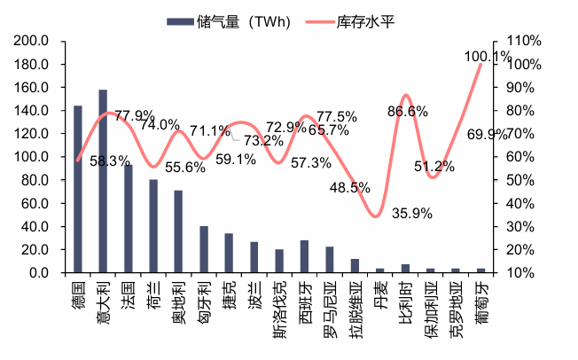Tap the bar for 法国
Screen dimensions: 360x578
[129, 217]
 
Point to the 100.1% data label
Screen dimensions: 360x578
[487, 57]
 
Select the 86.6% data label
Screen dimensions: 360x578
[407, 111]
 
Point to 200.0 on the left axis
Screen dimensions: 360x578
[32, 41]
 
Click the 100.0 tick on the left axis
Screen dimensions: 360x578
[32, 157]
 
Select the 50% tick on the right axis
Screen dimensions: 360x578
[519, 180]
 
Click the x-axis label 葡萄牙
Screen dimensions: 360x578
[481, 301]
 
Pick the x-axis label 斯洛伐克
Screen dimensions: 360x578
[280, 307]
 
